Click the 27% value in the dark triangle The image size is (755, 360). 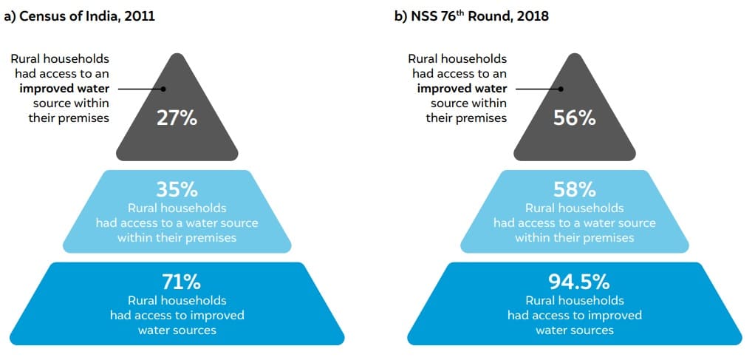(x=177, y=117)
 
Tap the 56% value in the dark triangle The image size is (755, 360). (x=574, y=117)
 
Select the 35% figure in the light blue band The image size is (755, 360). (x=177, y=189)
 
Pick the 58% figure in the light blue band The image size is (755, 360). (x=574, y=189)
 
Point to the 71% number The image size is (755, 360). (x=177, y=282)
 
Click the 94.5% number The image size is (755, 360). (x=574, y=282)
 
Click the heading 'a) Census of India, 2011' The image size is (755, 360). (x=80, y=16)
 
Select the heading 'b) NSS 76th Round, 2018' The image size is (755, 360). (x=473, y=16)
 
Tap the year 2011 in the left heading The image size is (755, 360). (x=140, y=16)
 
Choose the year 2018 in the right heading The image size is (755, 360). (x=533, y=16)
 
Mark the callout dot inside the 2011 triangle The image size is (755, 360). (x=164, y=89)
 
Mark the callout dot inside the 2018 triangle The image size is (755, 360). (x=561, y=89)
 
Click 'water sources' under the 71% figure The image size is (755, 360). (x=177, y=330)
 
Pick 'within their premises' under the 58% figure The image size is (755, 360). (x=574, y=237)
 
